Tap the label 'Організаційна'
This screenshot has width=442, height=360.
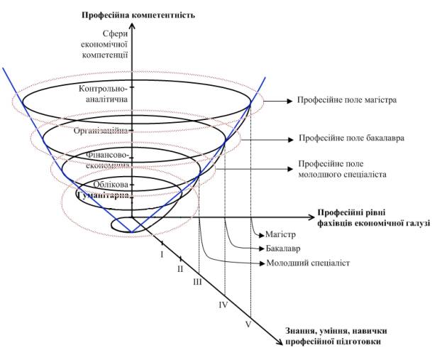point(101,131)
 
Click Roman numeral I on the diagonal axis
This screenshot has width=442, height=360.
point(162,254)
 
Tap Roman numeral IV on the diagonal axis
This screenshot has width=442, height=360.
point(223,305)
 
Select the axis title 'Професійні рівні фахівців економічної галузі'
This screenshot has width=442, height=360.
point(373,217)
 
